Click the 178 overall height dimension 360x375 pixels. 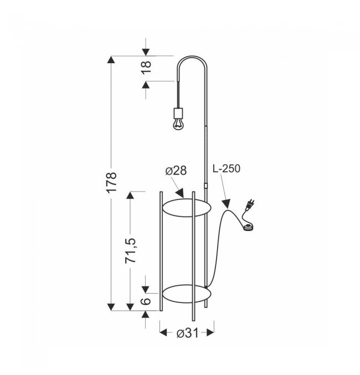[x=112, y=182]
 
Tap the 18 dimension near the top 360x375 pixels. [x=146, y=67]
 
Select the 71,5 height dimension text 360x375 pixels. [x=131, y=250]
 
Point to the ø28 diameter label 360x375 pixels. [x=176, y=171]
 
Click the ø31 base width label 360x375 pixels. [x=188, y=333]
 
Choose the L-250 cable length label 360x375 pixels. [x=227, y=168]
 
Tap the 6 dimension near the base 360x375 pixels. [x=146, y=301]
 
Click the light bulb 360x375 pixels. [x=178, y=124]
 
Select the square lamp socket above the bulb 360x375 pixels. [x=178, y=112]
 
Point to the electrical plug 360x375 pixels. [x=250, y=205]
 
